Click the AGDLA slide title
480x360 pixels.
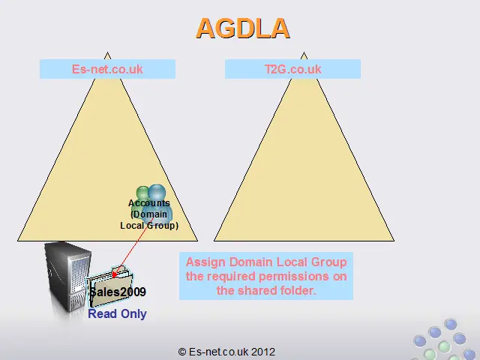242,28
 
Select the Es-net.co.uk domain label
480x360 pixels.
107,69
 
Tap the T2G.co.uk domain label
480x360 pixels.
293,69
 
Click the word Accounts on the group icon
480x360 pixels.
149,203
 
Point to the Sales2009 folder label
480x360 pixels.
118,292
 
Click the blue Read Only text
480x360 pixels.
117,313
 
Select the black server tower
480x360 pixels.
67,275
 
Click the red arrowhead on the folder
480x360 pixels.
115,274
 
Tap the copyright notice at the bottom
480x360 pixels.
226,352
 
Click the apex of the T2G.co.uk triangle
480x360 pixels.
304,52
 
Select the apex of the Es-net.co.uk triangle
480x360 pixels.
107,52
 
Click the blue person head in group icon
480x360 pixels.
157,193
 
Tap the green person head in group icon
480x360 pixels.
142,193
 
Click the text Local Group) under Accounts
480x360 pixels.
149,226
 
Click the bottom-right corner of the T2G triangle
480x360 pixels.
394,241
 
